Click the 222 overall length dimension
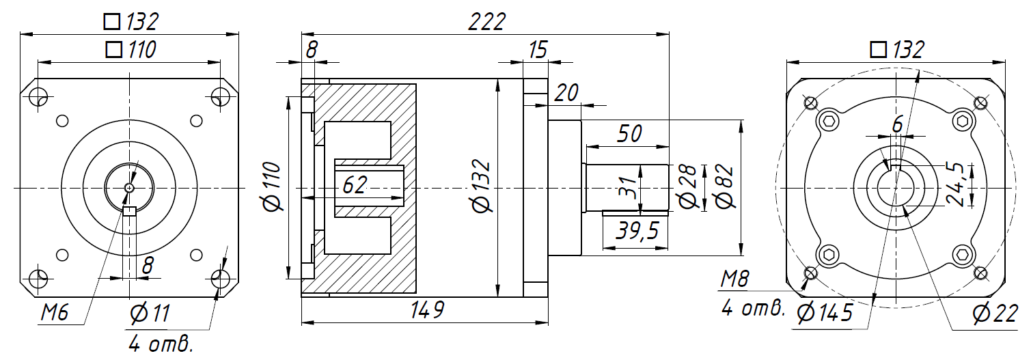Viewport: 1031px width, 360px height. [486, 22]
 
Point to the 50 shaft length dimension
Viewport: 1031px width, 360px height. [629, 134]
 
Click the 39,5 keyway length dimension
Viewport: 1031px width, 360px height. [636, 231]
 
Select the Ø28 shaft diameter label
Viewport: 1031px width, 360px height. [687, 186]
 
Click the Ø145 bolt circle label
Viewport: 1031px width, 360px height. [825, 313]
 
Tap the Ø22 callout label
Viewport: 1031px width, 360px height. [995, 313]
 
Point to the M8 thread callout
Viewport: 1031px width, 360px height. [736, 279]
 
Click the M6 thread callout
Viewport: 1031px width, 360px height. [56, 313]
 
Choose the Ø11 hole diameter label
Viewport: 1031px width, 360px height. [149, 314]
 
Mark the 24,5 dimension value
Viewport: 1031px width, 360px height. [955, 183]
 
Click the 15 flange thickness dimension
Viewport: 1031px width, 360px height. [538, 49]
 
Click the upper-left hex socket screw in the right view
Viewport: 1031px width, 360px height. [829, 122]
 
